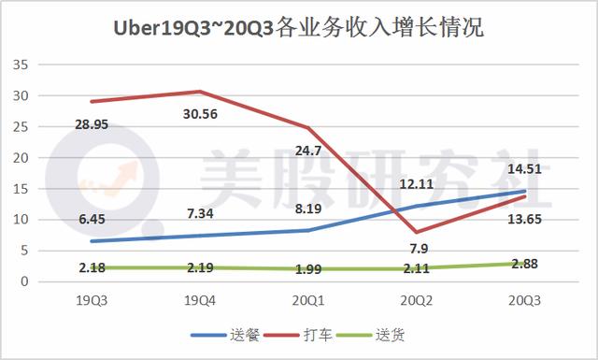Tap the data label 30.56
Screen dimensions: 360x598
tap(196, 114)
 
